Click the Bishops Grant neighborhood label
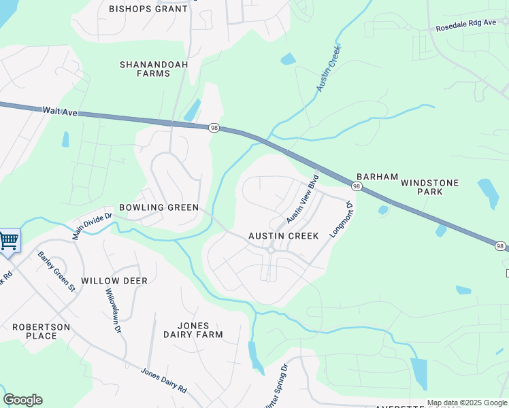pos(148,9)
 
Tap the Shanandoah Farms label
pos(154,69)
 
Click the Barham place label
pos(377,177)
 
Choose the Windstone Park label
pos(429,187)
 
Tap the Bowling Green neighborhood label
pos(159,207)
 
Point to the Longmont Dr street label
pos(341,218)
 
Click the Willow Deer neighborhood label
pos(114,281)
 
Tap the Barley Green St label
pos(56,272)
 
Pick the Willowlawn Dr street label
pos(112,310)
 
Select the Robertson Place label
pos(41,331)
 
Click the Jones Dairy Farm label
pos(193,330)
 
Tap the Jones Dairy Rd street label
pos(163,381)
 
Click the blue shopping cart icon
pos(9,240)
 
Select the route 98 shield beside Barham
pos(357,186)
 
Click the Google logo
pos(22,400)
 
